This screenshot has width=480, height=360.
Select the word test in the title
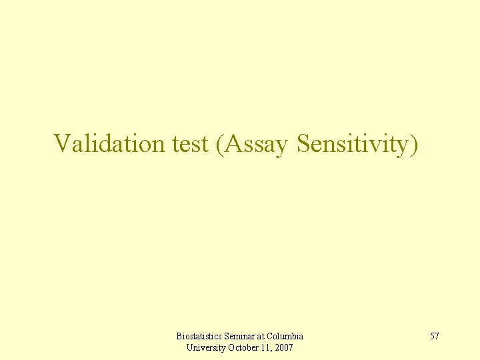click(190, 143)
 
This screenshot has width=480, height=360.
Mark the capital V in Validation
click(62, 143)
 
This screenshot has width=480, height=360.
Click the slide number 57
click(434, 336)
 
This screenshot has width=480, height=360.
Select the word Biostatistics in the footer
click(199, 336)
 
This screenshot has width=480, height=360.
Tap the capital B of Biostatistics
click(179, 336)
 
